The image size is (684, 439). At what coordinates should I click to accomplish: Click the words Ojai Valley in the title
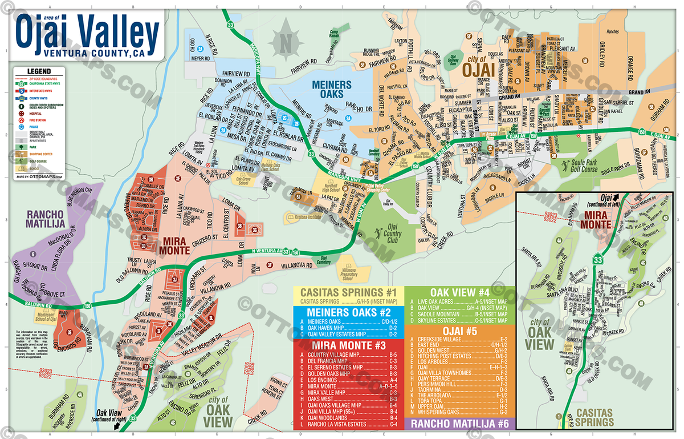pyautogui.click(x=88, y=33)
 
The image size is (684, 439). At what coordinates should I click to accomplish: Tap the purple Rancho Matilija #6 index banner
pyautogui.click(x=459, y=424)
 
